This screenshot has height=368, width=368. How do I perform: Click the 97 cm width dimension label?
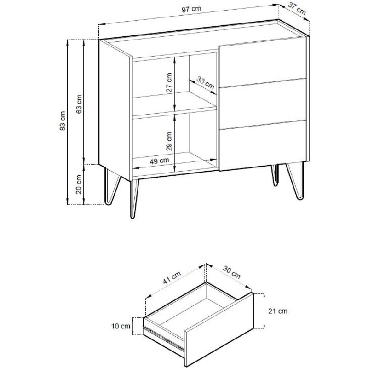(x=191, y=9)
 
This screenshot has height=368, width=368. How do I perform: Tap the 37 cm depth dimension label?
(x=297, y=9)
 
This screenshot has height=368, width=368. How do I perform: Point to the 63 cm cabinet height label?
(x=79, y=104)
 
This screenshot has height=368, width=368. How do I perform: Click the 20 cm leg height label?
(x=79, y=184)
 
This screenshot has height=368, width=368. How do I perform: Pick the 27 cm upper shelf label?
(x=169, y=82)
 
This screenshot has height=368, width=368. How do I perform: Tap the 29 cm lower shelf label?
(x=169, y=141)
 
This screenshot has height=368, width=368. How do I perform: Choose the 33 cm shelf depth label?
(x=205, y=83)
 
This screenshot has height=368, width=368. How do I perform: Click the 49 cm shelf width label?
(x=159, y=161)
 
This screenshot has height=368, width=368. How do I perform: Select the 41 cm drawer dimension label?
(x=172, y=278)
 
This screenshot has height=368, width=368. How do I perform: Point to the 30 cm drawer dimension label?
(x=232, y=272)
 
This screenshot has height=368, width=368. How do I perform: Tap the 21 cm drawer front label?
(x=278, y=311)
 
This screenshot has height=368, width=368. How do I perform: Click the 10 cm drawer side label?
(x=121, y=326)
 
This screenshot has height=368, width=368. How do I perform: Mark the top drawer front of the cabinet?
(x=263, y=63)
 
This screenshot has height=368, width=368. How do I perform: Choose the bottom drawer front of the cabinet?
(x=263, y=145)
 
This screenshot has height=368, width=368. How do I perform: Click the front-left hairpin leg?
(x=134, y=198)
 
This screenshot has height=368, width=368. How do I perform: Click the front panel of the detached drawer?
(x=219, y=330)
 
